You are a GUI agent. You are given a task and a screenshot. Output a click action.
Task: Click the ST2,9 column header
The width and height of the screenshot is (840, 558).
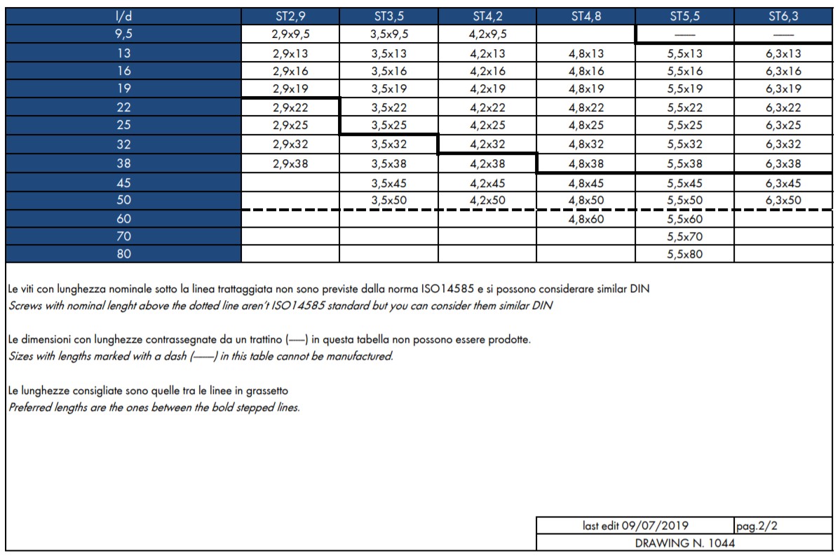click(290, 16)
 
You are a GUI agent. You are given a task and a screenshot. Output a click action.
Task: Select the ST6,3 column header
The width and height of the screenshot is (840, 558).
click(784, 16)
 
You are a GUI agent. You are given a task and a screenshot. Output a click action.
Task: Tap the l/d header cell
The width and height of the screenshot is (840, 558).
click(123, 16)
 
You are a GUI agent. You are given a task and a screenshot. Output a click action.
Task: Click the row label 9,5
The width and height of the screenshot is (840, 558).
click(123, 34)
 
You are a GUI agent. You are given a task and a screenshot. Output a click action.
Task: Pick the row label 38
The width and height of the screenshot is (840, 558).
click(123, 164)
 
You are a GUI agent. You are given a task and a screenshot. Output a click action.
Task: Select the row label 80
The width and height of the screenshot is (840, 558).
click(123, 254)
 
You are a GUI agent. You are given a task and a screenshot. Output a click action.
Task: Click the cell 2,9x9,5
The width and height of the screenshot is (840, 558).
click(290, 34)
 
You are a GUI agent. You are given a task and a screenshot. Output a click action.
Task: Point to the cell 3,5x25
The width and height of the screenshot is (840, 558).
click(389, 126)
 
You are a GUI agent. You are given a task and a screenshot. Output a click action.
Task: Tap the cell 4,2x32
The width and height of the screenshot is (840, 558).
click(488, 145)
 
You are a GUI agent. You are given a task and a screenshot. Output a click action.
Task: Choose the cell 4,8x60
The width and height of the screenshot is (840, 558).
click(586, 219)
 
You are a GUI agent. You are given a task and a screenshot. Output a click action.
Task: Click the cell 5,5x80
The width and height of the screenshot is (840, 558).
click(685, 254)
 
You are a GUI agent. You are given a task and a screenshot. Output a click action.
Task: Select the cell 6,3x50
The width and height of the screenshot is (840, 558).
click(784, 200)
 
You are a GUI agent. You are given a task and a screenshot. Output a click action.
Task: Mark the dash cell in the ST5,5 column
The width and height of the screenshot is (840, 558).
click(685, 34)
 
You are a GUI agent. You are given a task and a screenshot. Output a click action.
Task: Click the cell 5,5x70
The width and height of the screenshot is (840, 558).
click(685, 237)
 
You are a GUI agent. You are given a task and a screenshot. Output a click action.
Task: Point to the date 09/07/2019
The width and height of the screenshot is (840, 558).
click(655, 526)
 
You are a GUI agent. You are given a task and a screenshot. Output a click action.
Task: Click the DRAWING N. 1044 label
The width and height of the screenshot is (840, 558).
click(684, 543)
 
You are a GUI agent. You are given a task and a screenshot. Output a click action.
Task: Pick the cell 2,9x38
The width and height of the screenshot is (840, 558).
click(290, 164)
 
